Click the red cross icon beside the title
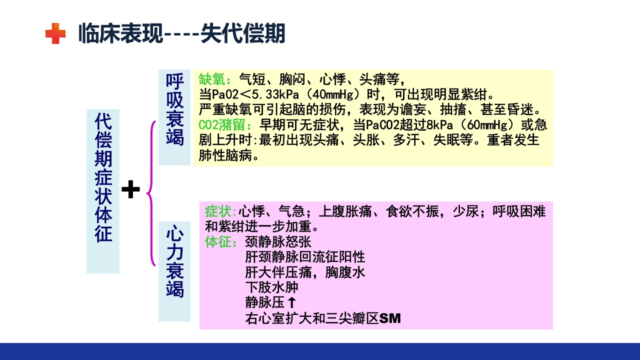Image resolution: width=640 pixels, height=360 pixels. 55,34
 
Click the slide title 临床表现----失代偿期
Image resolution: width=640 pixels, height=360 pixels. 181,34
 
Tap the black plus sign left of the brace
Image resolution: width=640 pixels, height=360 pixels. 130,190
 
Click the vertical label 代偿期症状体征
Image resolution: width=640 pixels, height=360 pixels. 103,191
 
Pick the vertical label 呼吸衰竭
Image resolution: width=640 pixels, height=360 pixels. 174,110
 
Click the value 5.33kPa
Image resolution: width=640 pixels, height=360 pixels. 269,94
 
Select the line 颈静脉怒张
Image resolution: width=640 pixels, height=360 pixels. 278,242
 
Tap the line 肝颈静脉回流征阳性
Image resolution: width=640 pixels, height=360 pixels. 305,257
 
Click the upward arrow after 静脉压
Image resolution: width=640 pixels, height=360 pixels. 292,302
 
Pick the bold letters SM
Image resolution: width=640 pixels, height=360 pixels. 390,318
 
